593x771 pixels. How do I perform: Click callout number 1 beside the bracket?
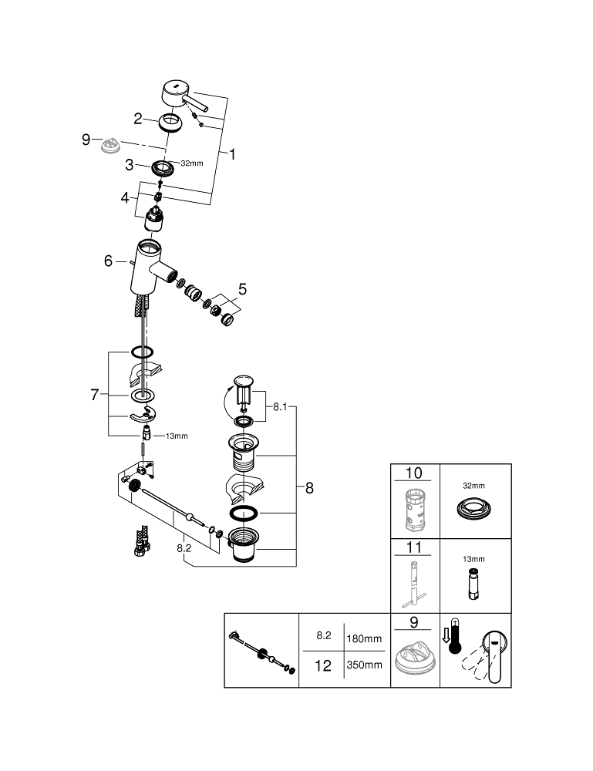point(232,153)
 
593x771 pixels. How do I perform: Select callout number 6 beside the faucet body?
point(110,261)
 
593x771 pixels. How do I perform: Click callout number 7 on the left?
point(95,395)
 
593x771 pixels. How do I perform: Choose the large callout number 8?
point(309,487)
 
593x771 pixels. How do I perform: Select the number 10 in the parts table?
point(415,473)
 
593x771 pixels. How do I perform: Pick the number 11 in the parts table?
point(415,550)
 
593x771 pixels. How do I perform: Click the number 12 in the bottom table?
point(324,665)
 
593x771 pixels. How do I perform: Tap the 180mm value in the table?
point(365,638)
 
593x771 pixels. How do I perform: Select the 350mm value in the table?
point(365,665)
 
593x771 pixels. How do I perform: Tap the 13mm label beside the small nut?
point(177,436)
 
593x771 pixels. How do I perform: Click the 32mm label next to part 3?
point(191,163)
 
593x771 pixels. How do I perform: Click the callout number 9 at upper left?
point(87,140)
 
